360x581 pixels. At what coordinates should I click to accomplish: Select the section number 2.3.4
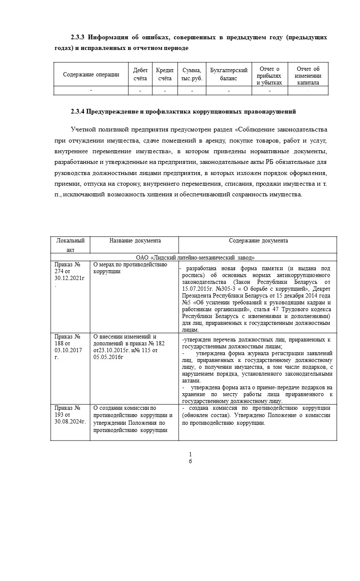coord(79,112)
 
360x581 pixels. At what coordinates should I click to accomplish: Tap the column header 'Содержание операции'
coord(91,75)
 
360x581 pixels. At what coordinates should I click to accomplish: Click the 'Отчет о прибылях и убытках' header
coord(269,75)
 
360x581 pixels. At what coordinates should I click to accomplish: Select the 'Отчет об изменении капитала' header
coord(308,75)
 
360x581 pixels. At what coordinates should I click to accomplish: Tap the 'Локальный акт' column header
coord(70,245)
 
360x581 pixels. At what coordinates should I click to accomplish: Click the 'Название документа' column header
coord(135,241)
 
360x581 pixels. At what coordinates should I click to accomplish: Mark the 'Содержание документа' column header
coord(258,241)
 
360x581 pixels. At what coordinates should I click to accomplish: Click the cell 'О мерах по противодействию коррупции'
coord(130,268)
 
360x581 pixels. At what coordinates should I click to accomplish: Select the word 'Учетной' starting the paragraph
coord(84,129)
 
